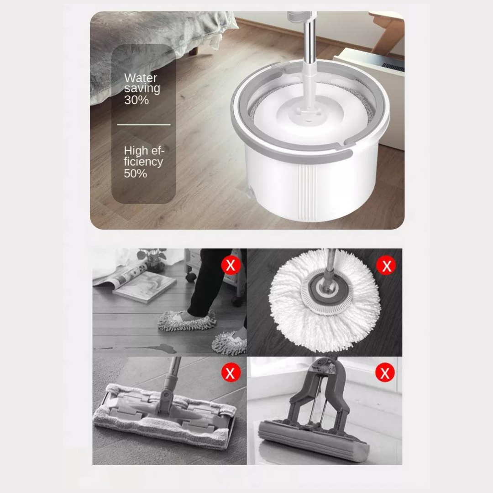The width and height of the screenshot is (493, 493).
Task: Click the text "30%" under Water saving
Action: pyautogui.click(x=136, y=100)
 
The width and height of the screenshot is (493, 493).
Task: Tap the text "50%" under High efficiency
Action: pyautogui.click(x=135, y=173)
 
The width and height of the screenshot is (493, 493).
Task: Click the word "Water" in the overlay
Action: pyautogui.click(x=140, y=78)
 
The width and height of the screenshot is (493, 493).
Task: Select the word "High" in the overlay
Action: pyautogui.click(x=136, y=150)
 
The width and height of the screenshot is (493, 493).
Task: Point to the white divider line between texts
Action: pyautogui.click(x=143, y=124)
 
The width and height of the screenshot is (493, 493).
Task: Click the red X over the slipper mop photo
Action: pyautogui.click(x=231, y=265)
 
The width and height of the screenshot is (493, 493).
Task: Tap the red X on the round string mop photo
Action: pyautogui.click(x=386, y=265)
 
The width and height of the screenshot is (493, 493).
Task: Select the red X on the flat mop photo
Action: pyautogui.click(x=231, y=373)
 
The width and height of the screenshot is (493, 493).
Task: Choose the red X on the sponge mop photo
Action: pyautogui.click(x=384, y=373)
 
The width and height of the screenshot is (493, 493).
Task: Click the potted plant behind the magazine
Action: pyautogui.click(x=153, y=258)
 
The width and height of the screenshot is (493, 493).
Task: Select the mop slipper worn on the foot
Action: pyautogui.click(x=187, y=320)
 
